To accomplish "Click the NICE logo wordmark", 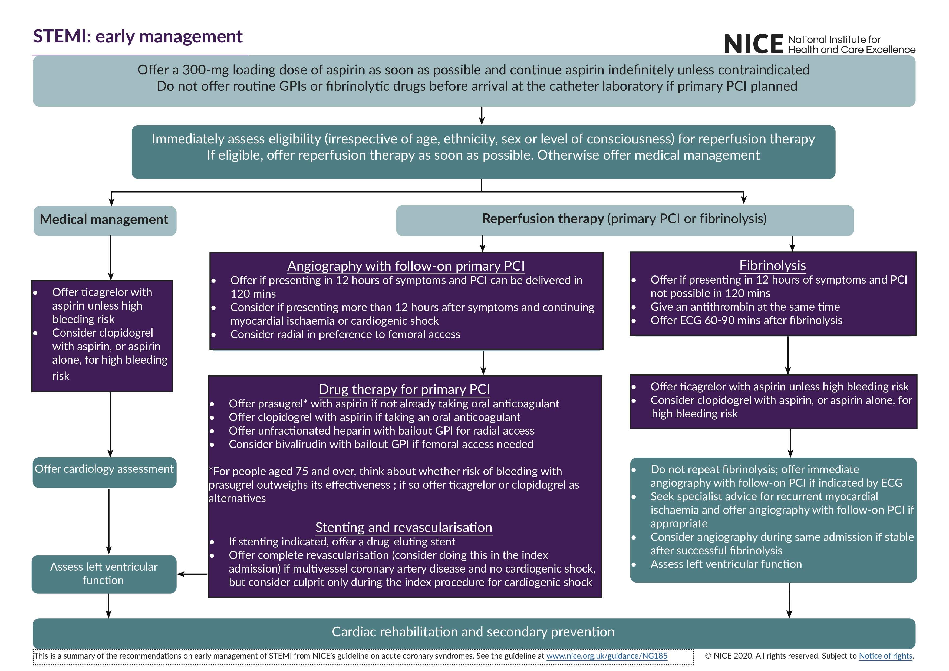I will pyautogui.click(x=753, y=44).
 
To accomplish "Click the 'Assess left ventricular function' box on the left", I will pyautogui.click(x=104, y=574).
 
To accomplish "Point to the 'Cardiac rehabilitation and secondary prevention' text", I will pyautogui.click(x=473, y=632).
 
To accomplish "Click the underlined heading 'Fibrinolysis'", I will pyautogui.click(x=772, y=265).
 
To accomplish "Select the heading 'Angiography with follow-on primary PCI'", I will pyautogui.click(x=406, y=266).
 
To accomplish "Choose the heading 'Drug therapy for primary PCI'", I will pyautogui.click(x=404, y=389).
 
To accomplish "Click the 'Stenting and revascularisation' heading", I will pyautogui.click(x=404, y=528).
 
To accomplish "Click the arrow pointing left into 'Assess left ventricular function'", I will pyautogui.click(x=192, y=574).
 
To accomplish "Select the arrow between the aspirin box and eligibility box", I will pyautogui.click(x=482, y=116).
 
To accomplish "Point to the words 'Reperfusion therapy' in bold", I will pyautogui.click(x=543, y=219).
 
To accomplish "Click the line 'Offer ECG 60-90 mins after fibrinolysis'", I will pyautogui.click(x=746, y=320).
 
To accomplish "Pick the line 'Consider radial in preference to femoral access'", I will pyautogui.click(x=345, y=334).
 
